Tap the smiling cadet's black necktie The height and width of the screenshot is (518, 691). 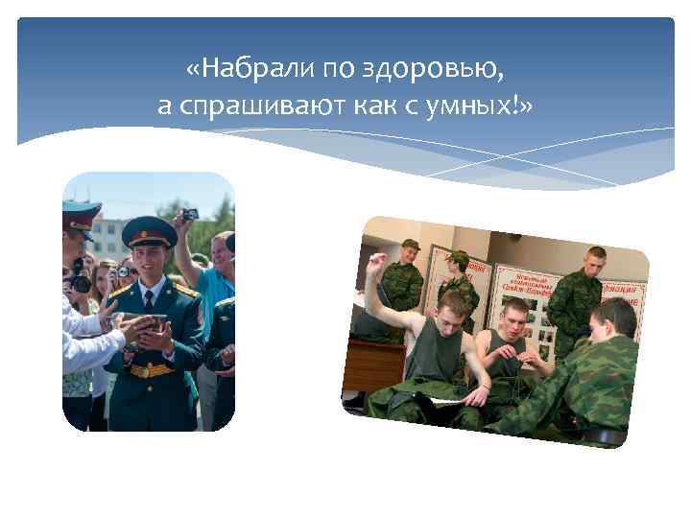click(148, 302)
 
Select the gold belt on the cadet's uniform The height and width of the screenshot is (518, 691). click(152, 369)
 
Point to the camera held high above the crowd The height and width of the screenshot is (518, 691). click(190, 213)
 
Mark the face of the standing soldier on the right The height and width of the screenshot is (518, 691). click(594, 262)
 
